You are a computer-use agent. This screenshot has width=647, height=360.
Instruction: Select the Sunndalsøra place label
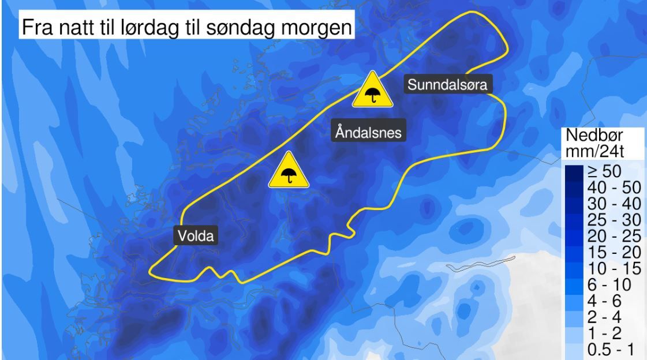click(x=448, y=85)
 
